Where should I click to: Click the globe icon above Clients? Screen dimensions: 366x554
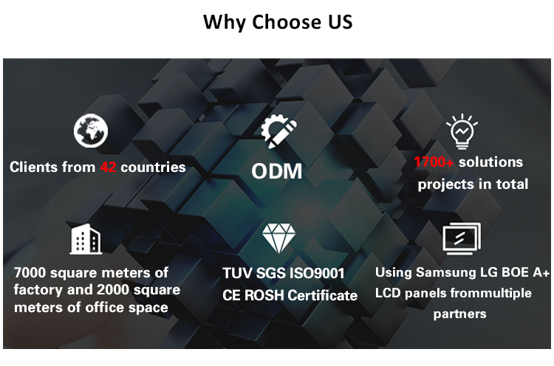(91, 131)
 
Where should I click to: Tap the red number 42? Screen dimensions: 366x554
(108, 168)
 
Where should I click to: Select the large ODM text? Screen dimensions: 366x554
(277, 172)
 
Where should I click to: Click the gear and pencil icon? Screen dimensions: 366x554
(278, 132)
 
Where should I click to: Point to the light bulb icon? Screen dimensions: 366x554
(462, 132)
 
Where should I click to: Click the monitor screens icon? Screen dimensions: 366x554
(462, 238)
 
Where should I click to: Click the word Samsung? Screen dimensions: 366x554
(445, 273)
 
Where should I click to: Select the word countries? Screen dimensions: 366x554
(153, 168)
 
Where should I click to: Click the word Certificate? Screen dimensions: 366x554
(326, 296)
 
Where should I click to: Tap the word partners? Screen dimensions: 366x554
(459, 314)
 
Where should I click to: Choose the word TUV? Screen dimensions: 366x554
(238, 274)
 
